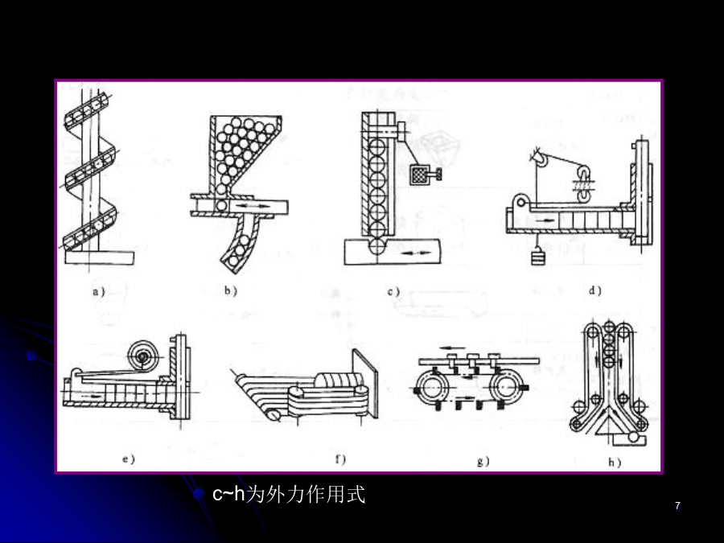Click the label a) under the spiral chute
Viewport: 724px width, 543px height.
[98, 292]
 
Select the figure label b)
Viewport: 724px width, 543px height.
[230, 292]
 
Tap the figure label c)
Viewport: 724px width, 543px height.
[393, 292]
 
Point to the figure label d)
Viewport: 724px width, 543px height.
[594, 290]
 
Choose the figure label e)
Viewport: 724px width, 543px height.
[127, 459]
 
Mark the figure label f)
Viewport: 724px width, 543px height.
[339, 460]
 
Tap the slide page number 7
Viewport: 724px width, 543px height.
[677, 506]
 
